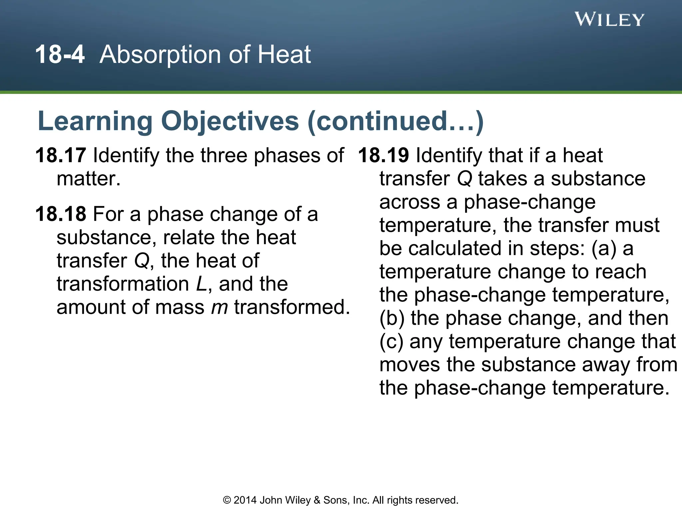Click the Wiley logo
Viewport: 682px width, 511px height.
click(609, 20)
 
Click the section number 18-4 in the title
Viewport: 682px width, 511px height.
click(60, 55)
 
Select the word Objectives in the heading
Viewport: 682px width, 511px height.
click(230, 121)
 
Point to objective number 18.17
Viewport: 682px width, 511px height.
click(61, 155)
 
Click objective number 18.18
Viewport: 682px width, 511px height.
click(61, 214)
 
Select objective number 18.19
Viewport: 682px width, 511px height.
click(384, 155)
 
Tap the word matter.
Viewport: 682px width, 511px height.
click(89, 179)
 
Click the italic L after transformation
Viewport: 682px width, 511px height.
click(202, 284)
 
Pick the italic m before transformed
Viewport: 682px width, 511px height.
click(219, 307)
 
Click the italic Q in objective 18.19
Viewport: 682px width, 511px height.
click(465, 179)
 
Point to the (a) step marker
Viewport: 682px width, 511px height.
click(604, 249)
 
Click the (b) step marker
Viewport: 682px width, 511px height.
click(392, 318)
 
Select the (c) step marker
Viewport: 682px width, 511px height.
click(391, 342)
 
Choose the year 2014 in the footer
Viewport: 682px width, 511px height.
click(245, 500)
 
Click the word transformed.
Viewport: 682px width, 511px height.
click(292, 307)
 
